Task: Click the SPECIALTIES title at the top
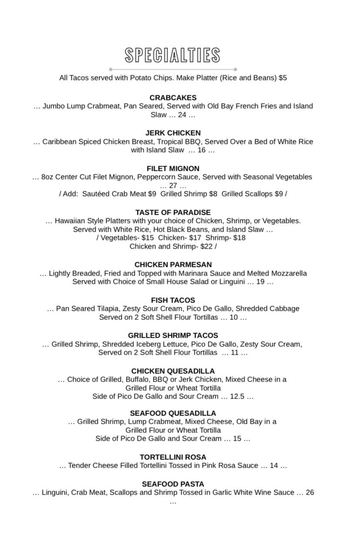pos(173,56)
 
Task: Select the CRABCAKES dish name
pos(173,98)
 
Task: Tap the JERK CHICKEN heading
pos(173,133)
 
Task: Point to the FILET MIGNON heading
pos(173,169)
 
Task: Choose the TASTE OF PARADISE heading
pos(173,213)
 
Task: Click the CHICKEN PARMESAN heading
pos(173,265)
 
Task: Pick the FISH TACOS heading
pos(173,300)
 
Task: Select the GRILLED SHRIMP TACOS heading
pos(173,336)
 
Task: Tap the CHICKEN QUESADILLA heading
pos(173,371)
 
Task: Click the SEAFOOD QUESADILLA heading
pos(173,413)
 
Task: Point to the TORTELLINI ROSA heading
pos(173,457)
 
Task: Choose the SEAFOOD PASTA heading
pos(173,484)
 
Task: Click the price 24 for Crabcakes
pos(182,115)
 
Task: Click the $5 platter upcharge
pos(283,78)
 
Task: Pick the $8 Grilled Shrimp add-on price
pos(213,194)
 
